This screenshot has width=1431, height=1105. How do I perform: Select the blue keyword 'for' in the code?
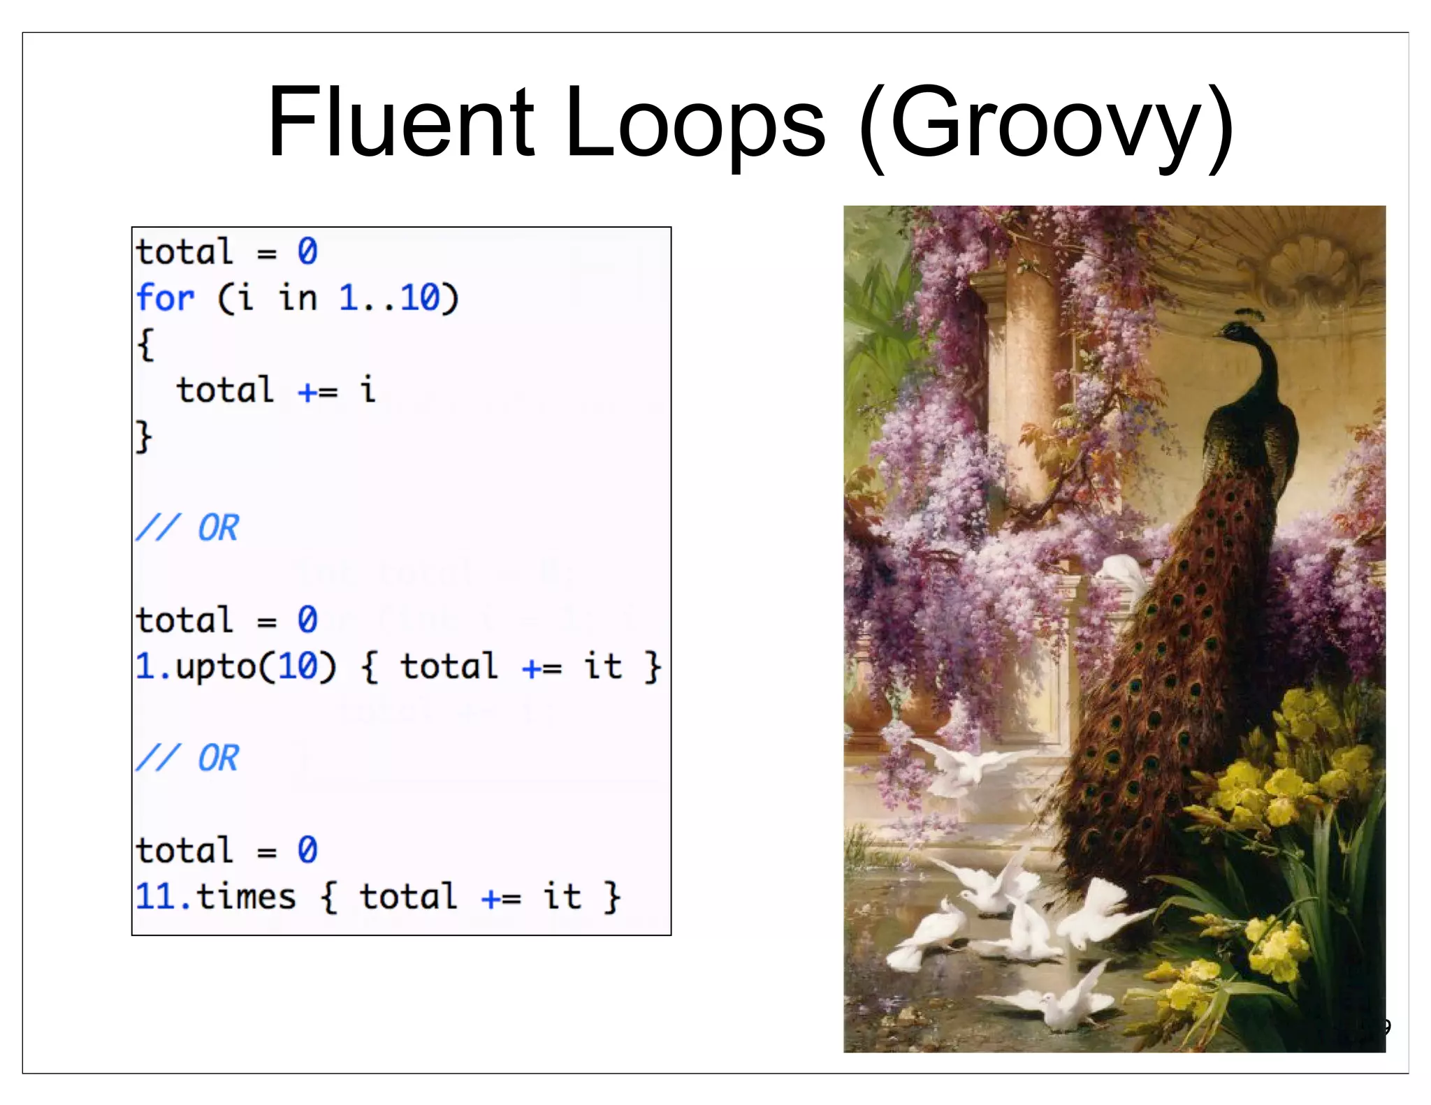click(x=165, y=298)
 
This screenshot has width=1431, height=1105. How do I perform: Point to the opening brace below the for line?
click(x=145, y=344)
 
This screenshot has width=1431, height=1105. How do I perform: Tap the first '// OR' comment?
click(x=187, y=527)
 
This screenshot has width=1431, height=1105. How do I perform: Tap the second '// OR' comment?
click(x=187, y=758)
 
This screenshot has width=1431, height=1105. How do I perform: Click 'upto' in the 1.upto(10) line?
click(x=217, y=667)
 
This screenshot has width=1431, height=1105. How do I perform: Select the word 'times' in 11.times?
click(x=246, y=897)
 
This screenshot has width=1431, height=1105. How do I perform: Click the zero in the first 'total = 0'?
click(x=307, y=251)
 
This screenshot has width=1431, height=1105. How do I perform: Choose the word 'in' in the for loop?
click(x=298, y=298)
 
